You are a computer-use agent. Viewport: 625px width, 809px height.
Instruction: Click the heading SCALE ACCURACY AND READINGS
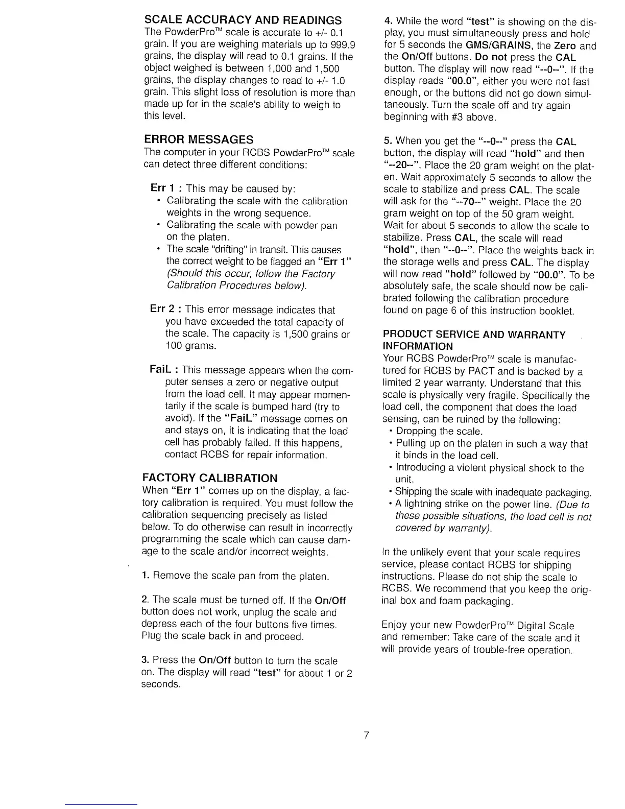pyautogui.click(x=243, y=20)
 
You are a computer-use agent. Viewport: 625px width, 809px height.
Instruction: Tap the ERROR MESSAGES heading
pyautogui.click(x=199, y=139)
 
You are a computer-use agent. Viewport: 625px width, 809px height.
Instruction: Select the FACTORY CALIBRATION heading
pyautogui.click(x=209, y=478)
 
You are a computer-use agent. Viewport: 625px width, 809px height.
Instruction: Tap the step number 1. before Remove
pyautogui.click(x=145, y=576)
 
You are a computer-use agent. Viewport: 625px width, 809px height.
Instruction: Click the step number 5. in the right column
pyautogui.click(x=388, y=141)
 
